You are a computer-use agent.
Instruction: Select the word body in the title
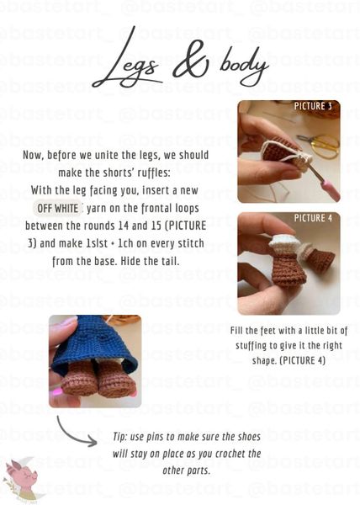click(x=244, y=65)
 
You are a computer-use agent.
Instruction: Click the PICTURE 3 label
click(x=313, y=106)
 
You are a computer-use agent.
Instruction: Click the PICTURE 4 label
click(x=313, y=218)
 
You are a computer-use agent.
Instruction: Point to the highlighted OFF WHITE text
click(x=57, y=209)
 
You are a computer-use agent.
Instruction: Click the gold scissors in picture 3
click(x=319, y=146)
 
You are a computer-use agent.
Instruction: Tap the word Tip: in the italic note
click(x=120, y=437)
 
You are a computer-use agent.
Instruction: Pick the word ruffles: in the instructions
click(x=154, y=173)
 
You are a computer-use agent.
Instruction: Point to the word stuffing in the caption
click(x=251, y=346)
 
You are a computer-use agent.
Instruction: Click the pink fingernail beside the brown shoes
click(x=58, y=392)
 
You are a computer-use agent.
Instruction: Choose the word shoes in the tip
click(x=249, y=437)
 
